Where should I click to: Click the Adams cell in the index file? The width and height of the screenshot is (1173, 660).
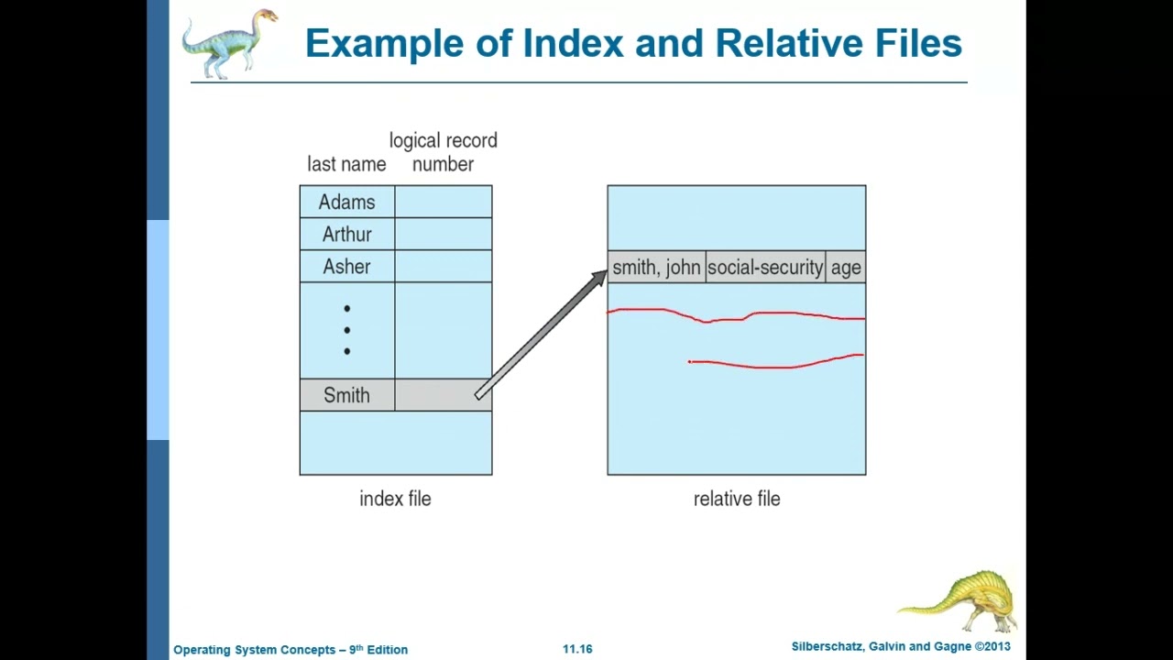tap(346, 202)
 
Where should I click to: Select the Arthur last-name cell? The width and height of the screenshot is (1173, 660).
tap(346, 235)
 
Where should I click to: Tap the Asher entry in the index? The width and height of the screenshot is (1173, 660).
tap(346, 267)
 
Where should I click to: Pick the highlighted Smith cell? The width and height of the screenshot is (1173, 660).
tap(346, 395)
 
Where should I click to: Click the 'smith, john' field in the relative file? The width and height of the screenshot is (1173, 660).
tap(656, 268)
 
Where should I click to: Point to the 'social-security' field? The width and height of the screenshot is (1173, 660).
tap(765, 268)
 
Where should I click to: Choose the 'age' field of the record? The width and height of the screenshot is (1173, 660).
tap(845, 268)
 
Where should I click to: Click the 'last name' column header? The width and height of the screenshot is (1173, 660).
tap(346, 164)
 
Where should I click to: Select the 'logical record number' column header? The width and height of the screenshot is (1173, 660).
tap(443, 152)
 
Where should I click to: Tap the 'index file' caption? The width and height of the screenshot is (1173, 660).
tap(395, 499)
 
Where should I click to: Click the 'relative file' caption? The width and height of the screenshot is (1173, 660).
tap(737, 499)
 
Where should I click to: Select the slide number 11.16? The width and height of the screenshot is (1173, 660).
tap(577, 649)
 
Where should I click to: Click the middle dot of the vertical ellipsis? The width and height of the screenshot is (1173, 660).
tap(346, 330)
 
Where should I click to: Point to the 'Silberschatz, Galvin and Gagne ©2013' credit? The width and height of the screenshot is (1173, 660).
tap(900, 647)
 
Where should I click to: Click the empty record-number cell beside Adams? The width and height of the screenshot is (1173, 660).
tap(444, 202)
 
